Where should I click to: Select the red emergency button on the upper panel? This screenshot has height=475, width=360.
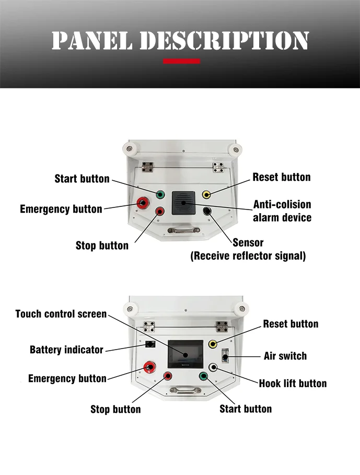(142, 203)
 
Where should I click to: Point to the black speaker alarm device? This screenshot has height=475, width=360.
(183, 203)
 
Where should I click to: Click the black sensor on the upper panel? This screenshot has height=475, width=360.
(207, 211)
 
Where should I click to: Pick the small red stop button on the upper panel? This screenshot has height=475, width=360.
(160, 211)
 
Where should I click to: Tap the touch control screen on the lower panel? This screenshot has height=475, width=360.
(184, 353)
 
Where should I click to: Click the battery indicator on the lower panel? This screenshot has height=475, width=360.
(149, 344)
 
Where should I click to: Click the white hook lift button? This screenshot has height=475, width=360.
(213, 367)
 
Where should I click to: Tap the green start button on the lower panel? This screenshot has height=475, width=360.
(203, 376)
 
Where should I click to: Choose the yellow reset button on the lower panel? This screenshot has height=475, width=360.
(213, 344)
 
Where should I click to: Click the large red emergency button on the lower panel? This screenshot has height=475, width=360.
(148, 368)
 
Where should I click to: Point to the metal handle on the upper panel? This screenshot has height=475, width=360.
(180, 230)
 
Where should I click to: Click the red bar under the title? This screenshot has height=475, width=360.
(181, 61)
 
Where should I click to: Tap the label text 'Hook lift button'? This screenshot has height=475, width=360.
(293, 384)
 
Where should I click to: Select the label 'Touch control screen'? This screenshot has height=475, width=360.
(61, 314)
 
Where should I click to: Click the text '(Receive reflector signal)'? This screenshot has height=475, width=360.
(248, 256)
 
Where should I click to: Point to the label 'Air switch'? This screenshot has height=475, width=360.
(285, 356)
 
